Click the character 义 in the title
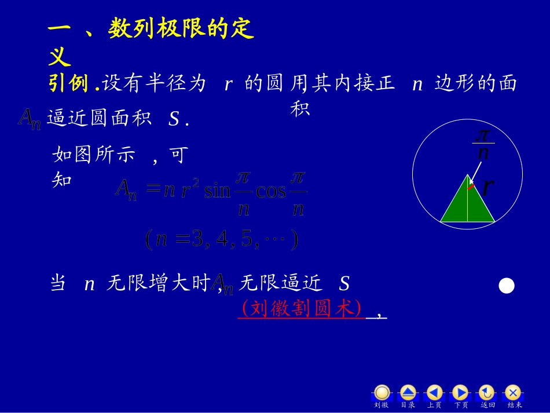point(60,57)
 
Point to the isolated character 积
point(300,108)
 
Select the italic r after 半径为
point(228,85)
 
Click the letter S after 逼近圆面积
point(173,119)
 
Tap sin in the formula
point(217,191)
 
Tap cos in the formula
point(271,191)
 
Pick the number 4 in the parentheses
point(222,239)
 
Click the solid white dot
point(507,286)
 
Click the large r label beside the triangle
point(487,187)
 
